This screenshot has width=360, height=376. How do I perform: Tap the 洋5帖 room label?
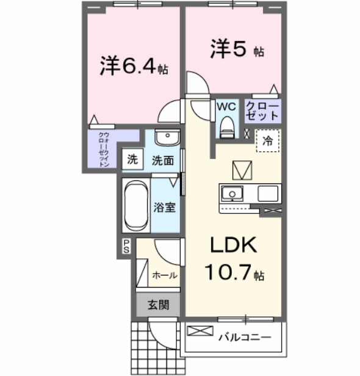click(x=237, y=49)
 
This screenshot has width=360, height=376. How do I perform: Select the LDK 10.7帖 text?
click(x=234, y=258)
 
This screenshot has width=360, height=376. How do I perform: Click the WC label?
click(x=226, y=106)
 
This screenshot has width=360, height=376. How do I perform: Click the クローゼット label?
click(x=262, y=110)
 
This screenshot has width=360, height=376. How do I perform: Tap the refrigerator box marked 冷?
click(x=267, y=140)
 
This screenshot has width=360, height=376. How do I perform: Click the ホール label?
click(x=165, y=275)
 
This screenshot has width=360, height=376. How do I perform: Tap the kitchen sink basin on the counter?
click(x=232, y=194)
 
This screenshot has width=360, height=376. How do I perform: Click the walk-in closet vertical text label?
click(x=104, y=149)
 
